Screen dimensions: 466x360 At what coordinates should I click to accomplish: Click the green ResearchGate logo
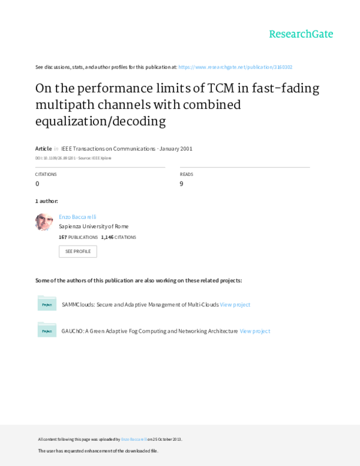click(300, 34)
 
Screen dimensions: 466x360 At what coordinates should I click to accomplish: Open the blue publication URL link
click(235, 67)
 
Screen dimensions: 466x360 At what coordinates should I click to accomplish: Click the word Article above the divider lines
click(44, 148)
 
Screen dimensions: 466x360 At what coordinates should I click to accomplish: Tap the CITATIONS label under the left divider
click(46, 175)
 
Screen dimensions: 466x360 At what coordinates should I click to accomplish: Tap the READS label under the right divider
click(186, 175)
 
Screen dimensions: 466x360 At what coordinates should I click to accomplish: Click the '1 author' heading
click(47, 200)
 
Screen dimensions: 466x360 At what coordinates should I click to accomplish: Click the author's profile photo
click(44, 222)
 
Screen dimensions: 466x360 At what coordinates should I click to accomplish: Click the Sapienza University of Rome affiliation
click(93, 227)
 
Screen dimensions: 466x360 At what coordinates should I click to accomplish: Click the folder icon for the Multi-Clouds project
click(47, 304)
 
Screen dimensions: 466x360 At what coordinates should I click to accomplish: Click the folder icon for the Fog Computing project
click(47, 330)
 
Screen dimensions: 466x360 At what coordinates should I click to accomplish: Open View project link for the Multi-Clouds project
click(235, 304)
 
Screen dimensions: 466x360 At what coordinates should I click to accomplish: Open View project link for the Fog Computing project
click(255, 330)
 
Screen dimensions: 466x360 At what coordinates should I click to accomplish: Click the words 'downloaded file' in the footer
click(143, 450)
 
